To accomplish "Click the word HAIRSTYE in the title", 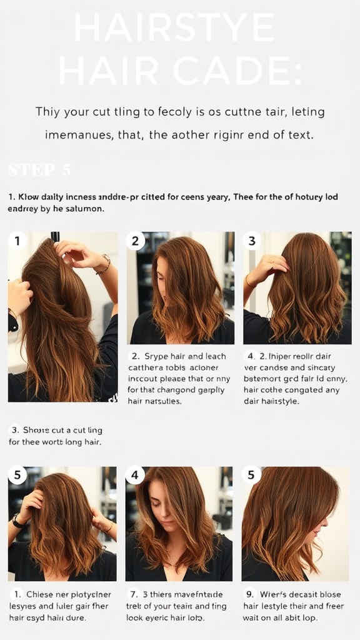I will click(x=174, y=28).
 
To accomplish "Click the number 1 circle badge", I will click(x=17, y=241).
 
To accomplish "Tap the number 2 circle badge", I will click(x=135, y=241).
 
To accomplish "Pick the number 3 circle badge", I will click(x=252, y=241).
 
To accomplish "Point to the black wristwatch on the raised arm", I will click(x=17, y=521).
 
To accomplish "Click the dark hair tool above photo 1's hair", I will click(x=55, y=236).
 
